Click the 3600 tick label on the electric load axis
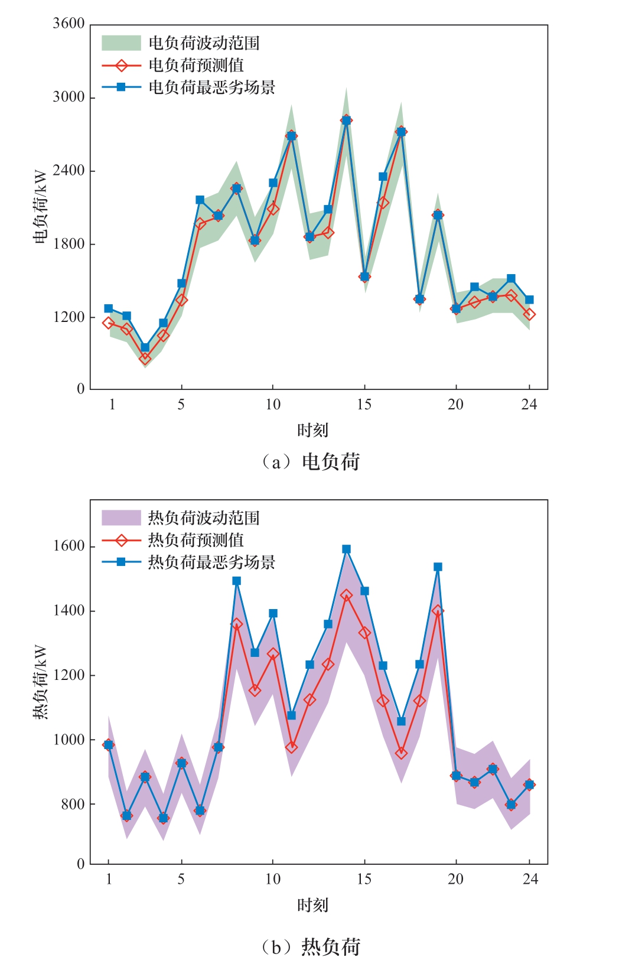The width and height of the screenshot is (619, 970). pos(69,24)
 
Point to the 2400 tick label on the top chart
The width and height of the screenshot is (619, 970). pos(69,170)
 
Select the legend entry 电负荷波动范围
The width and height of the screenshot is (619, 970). pos(203,43)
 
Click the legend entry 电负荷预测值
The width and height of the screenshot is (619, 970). pos(196,65)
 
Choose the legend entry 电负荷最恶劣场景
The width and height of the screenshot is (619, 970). pos(211,87)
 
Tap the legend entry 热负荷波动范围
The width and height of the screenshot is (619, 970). pos(203,518)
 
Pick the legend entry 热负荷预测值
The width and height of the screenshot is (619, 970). pos(196,540)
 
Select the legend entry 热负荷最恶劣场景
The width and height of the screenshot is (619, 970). pos(211,562)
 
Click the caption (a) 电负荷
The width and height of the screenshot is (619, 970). pos(311,462)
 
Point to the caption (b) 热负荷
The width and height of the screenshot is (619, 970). pos(311,947)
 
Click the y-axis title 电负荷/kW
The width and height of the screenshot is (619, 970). pos(40,207)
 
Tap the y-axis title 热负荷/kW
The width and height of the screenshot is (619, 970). pos(40,682)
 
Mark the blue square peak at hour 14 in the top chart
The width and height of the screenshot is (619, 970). pos(346,121)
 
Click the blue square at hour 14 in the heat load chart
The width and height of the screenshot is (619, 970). pos(346,549)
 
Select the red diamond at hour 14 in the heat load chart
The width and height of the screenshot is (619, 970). pos(346,595)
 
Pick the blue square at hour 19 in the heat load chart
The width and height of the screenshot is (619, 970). pos(438,567)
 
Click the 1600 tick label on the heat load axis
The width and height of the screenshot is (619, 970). pos(69,546)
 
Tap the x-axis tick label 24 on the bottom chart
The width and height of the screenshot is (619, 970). pos(530,879)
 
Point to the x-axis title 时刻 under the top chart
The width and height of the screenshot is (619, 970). pos(312,430)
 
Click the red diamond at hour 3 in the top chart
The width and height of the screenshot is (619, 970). pos(145,359)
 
